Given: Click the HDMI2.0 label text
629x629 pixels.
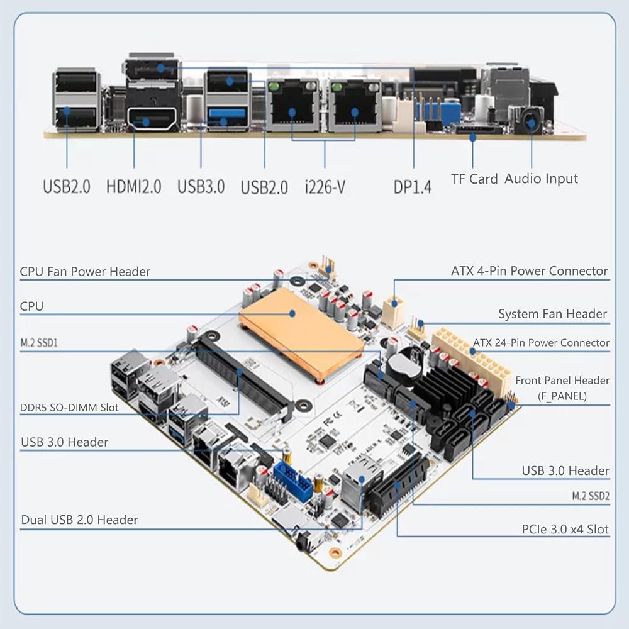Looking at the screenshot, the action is coord(133,187).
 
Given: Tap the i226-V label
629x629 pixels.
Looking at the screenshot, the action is coord(325,187).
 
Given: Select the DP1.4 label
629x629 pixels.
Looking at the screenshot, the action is coord(413,187).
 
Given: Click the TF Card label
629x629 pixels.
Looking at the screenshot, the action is coord(474,179).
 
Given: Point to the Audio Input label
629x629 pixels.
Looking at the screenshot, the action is coord(541,179).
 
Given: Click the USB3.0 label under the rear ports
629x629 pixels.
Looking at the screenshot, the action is coord(201,187).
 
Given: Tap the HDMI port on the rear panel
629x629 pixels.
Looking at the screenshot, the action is coord(152,118).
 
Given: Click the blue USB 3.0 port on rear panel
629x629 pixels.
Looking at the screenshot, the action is coord(227,116).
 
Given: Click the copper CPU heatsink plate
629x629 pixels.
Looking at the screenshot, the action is coord(301,331).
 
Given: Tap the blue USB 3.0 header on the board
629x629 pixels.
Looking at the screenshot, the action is coord(293,481).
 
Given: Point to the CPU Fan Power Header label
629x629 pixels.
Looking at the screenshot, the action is coord(85,272).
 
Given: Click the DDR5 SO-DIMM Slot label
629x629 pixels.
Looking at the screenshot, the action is coord(69,408).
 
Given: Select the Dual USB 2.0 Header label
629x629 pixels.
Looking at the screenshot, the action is coord(79,520).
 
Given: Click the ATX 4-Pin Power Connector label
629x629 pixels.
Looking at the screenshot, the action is coord(530,270).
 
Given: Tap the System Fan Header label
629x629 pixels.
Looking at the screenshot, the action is coord(552,314).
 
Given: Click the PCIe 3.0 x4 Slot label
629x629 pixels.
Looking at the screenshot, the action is coord(565,529).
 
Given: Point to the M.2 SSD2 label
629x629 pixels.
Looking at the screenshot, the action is coord(591,496).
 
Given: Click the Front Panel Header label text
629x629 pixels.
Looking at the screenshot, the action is coord(562,381).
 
